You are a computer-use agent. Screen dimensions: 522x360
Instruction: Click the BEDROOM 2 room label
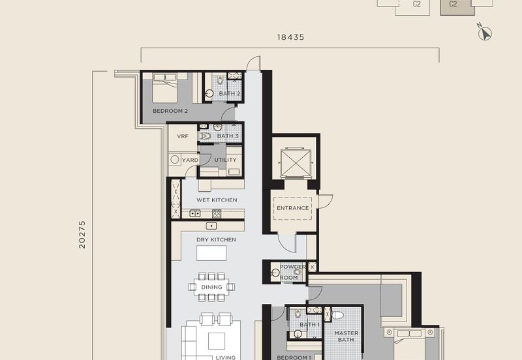point(170,111)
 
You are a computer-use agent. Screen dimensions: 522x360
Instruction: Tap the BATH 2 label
point(230,93)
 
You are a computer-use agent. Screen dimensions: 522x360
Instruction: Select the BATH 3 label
point(228,136)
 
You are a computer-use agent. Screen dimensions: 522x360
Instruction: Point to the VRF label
point(183,136)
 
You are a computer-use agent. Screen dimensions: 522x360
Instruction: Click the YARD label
point(190,160)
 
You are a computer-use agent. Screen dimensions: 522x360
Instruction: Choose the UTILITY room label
point(225,160)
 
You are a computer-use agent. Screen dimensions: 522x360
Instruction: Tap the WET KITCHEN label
point(217,200)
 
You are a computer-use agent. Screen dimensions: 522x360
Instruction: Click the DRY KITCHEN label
point(216,239)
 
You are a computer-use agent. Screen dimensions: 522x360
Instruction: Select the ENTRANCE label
point(293,208)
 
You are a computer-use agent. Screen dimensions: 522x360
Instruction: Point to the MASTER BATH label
point(346,337)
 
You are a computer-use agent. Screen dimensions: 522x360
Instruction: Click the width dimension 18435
point(290,37)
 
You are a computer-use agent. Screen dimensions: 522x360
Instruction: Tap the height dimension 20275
point(82,235)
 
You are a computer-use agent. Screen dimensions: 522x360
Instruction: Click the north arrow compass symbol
point(485,33)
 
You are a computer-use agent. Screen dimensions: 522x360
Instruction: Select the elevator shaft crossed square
point(296,162)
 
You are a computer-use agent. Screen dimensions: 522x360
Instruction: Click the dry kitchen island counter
point(211,253)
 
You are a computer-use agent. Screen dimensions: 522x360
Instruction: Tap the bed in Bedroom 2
point(165,88)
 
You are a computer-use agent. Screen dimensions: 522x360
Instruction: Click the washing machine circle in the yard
point(175,160)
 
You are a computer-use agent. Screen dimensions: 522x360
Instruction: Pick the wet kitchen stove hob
point(217,214)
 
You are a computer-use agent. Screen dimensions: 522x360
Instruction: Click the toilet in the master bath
point(337,315)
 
